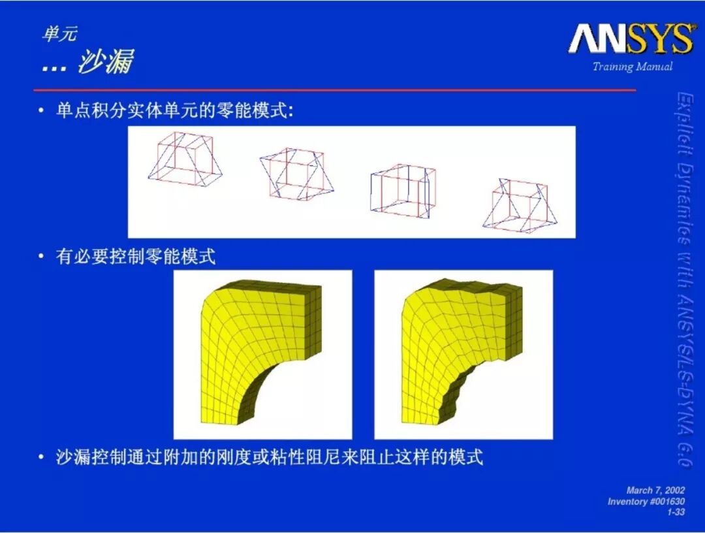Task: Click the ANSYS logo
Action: tap(631, 39)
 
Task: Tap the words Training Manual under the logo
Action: tap(632, 67)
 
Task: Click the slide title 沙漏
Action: tap(106, 61)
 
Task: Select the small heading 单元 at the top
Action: tap(60, 34)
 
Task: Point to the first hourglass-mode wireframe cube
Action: tap(184, 159)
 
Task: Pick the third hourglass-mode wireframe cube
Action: tap(403, 191)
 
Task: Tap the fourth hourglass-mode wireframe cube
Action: tap(520, 205)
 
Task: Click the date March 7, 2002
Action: tap(655, 491)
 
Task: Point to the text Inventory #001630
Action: tap(646, 502)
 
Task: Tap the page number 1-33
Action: tap(676, 512)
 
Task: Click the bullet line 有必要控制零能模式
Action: tap(136, 257)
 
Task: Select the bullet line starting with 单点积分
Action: tap(174, 110)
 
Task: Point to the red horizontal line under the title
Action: tap(335, 90)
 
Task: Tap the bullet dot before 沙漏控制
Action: tap(41, 458)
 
